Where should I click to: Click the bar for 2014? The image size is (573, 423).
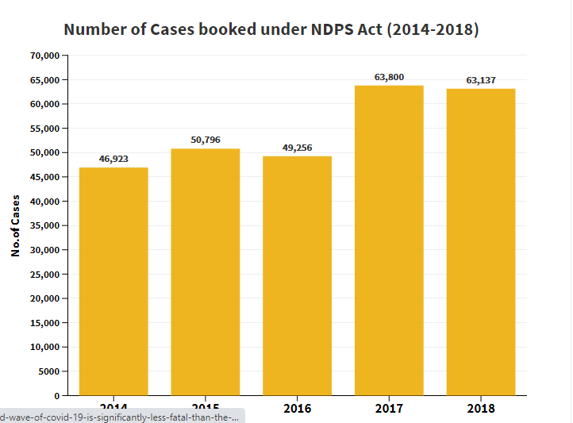pos(113,281)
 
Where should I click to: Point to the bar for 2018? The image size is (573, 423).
pos(481,241)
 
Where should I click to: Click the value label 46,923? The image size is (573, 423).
pos(113,159)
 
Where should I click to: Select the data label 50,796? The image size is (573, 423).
pos(206,140)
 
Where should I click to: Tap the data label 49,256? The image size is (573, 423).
pos(298,148)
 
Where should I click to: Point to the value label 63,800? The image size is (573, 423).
pos(389,77)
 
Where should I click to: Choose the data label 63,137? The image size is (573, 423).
pos(481,80)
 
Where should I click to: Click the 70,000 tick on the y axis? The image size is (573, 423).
pos(46,56)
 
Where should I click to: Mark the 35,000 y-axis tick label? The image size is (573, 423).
pos(46,225)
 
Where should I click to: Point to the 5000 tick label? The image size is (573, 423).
pos(48,371)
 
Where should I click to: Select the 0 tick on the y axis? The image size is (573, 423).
pos(56,395)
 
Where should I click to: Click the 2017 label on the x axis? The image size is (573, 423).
pos(389,408)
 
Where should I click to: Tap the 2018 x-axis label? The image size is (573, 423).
pos(481,408)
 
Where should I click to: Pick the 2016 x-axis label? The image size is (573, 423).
pos(297,408)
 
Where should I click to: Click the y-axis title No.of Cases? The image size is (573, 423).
pos(16,225)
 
